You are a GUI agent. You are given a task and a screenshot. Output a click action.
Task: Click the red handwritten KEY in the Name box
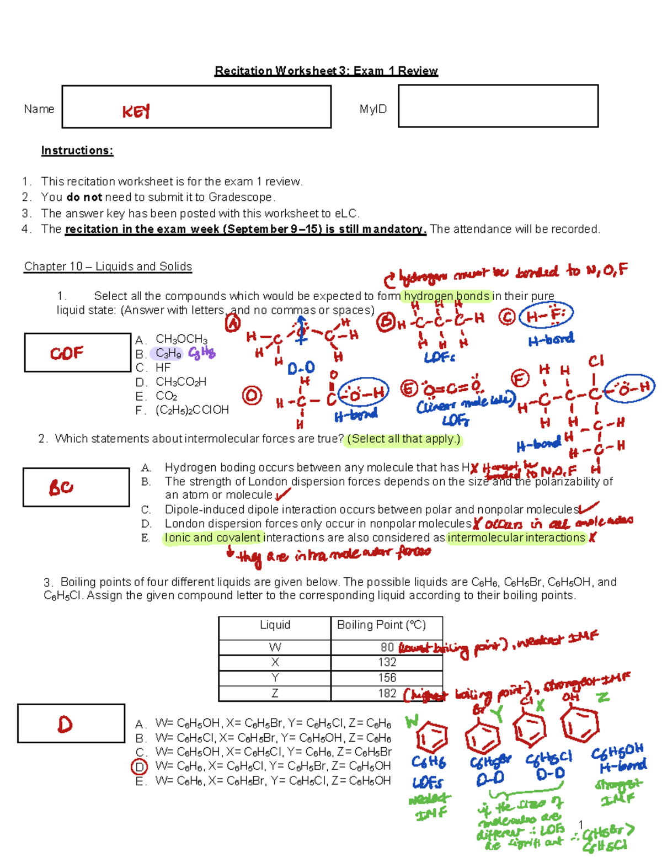point(136,112)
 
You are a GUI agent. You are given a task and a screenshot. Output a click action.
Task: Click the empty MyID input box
point(498,107)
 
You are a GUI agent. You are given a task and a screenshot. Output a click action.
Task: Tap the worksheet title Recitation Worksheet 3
point(326,71)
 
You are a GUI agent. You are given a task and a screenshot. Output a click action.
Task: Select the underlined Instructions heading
point(77,151)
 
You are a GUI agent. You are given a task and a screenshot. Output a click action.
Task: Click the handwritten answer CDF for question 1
point(67,353)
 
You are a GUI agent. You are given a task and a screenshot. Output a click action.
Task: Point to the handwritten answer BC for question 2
point(61,487)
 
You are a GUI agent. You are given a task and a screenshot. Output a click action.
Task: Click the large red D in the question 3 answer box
point(65,724)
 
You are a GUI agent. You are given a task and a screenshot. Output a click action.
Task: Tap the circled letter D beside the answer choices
point(140,766)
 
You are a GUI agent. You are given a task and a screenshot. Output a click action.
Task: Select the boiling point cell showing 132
point(387,662)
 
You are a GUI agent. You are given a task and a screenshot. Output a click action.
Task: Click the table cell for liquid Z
point(275,693)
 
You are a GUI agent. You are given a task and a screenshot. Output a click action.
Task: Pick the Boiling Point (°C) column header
point(381,625)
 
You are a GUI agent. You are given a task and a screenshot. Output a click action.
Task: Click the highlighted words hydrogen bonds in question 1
point(446,296)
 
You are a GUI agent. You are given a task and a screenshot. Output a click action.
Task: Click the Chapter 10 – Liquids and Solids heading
point(108,267)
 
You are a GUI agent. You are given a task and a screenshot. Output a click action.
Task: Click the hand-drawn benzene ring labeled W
point(431,737)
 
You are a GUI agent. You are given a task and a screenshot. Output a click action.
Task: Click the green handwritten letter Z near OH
point(603,698)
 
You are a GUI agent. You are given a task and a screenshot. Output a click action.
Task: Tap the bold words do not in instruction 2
point(84,197)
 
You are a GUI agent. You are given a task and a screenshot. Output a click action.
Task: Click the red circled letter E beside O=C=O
point(409,388)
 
